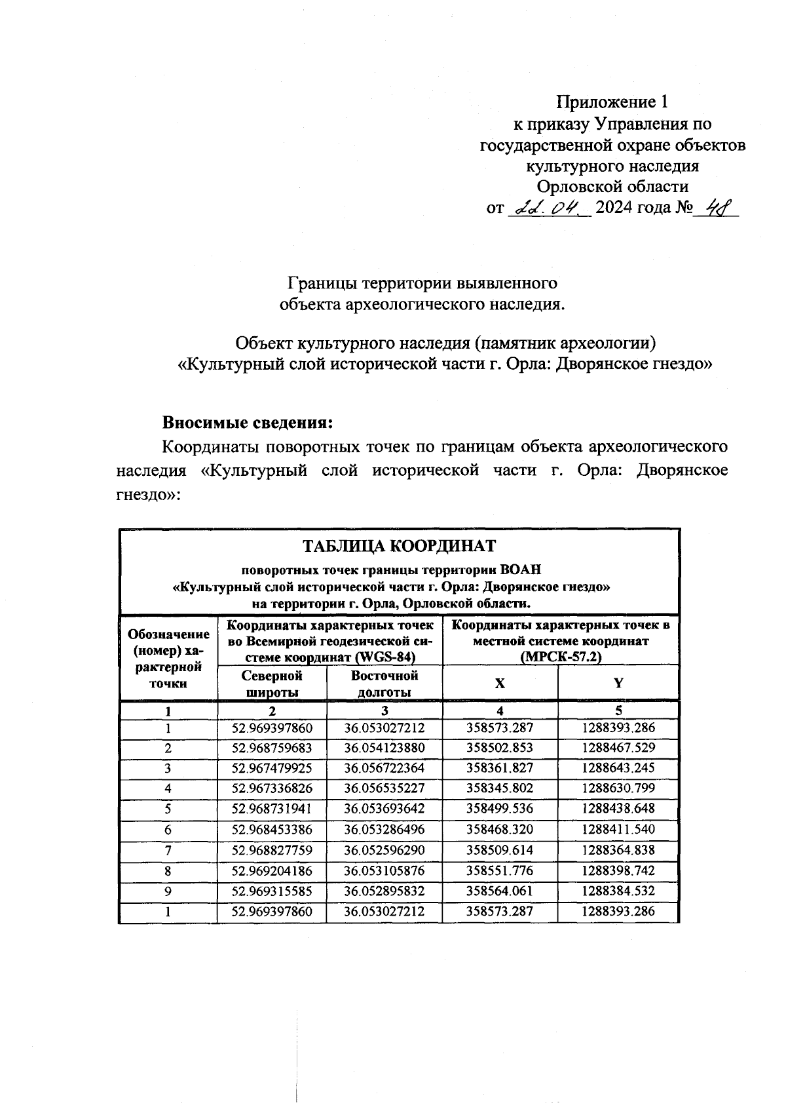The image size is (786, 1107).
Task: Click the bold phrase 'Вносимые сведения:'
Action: click(x=248, y=423)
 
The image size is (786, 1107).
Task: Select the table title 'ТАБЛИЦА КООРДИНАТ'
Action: click(x=398, y=546)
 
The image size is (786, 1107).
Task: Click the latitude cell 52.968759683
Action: click(x=271, y=748)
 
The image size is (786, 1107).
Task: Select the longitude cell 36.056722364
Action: click(x=384, y=768)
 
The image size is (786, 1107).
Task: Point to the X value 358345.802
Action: click(x=500, y=788)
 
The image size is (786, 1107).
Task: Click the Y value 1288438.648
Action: click(x=618, y=809)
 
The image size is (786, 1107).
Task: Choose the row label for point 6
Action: click(x=168, y=830)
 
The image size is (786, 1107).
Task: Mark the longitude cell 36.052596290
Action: click(x=384, y=851)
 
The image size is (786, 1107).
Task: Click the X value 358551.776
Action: click(x=500, y=871)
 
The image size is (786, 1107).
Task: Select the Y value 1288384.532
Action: click(x=618, y=891)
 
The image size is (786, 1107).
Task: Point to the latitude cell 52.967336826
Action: click(x=271, y=788)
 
